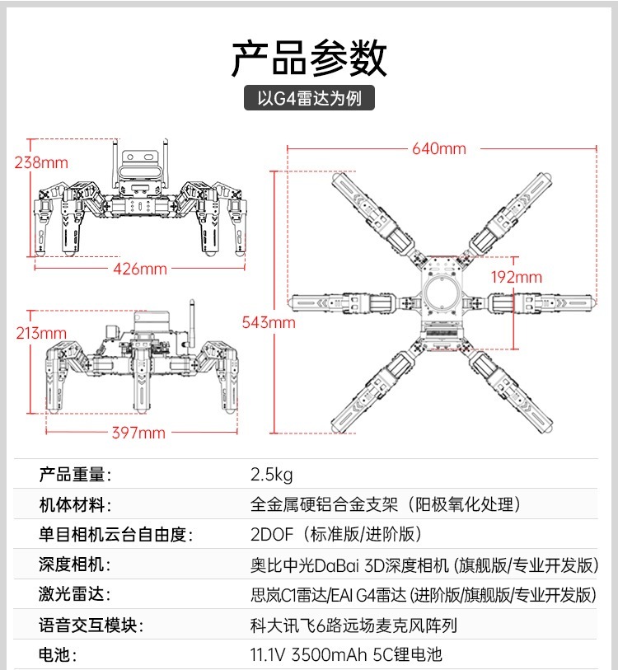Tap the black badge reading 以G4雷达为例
(309, 98)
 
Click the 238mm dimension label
(41, 162)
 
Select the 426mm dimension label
(139, 269)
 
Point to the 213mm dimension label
(40, 333)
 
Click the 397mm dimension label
(138, 433)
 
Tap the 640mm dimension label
(439, 149)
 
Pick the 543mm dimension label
(268, 322)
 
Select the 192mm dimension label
(516, 277)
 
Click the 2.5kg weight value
(271, 475)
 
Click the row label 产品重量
(74, 475)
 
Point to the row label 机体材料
(74, 505)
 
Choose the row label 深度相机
(74, 565)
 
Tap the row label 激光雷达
(74, 595)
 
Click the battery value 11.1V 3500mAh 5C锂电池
(346, 655)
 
